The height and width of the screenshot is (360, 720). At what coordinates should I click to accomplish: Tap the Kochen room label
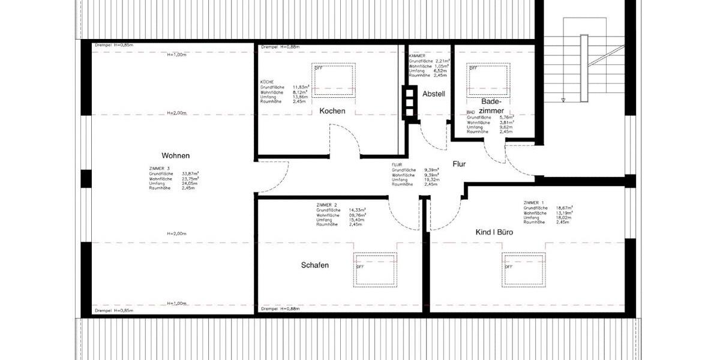pos(332,111)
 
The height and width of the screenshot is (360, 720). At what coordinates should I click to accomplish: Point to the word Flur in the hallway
pos(459,163)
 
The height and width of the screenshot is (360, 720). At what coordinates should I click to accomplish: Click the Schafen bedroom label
pos(315,265)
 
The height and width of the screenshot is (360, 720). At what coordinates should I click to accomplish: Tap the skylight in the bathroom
pos(488,79)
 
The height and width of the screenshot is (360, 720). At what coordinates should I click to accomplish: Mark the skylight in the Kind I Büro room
pos(524,269)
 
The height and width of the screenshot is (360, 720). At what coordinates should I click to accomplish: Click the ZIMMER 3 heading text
pos(160,169)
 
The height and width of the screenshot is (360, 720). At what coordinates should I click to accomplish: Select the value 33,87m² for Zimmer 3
pos(191,174)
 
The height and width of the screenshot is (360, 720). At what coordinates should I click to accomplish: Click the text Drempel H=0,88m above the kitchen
pos(281,47)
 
